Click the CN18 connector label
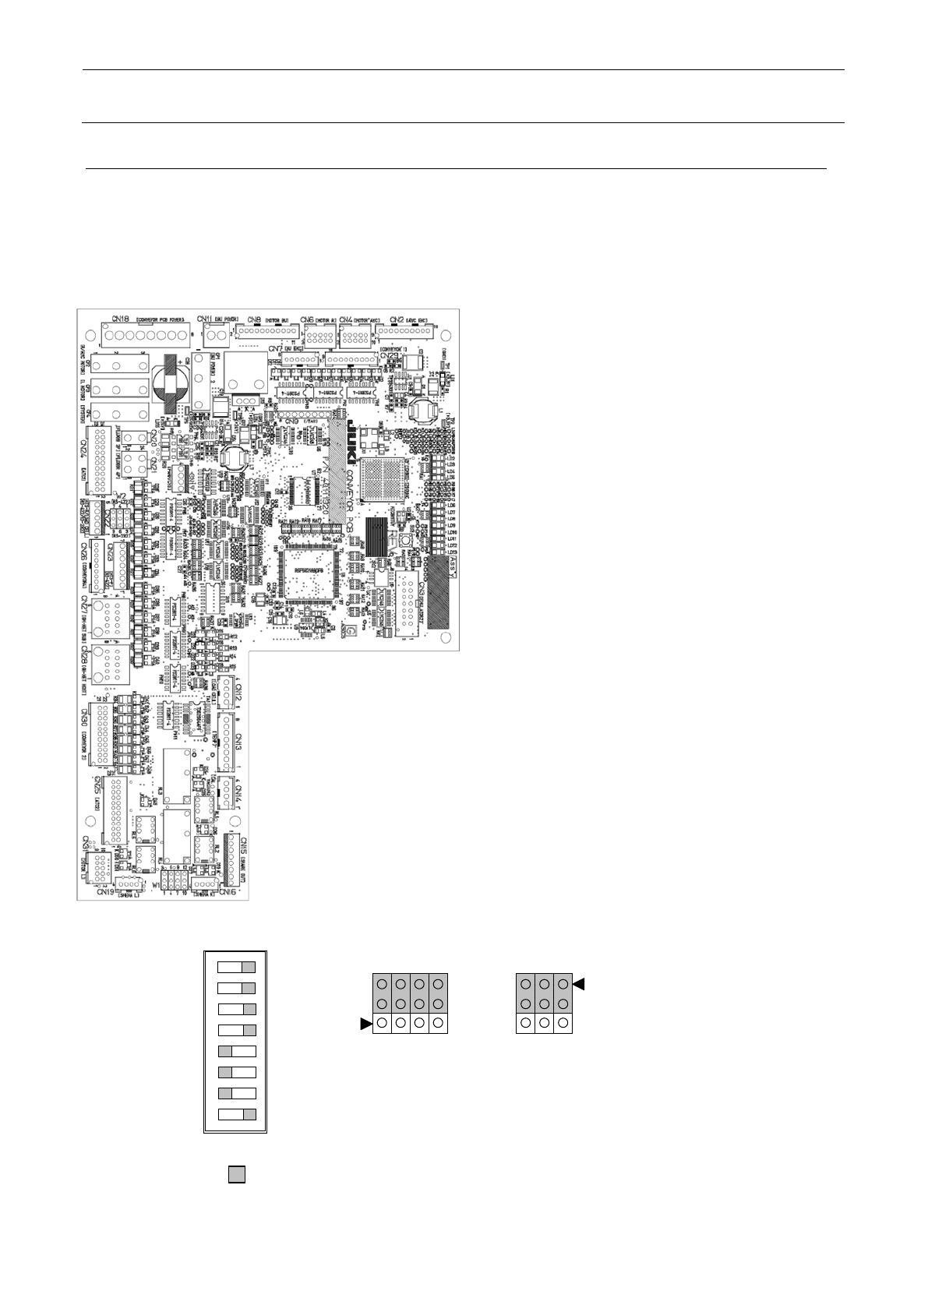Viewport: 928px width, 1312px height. [x=120, y=318]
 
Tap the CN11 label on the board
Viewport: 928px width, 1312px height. [x=206, y=319]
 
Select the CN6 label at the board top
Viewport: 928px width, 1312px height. [x=307, y=319]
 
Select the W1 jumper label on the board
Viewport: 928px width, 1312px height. [x=157, y=886]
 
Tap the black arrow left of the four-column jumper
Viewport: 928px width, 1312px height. [x=365, y=1025]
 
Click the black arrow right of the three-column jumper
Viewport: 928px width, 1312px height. [x=579, y=985]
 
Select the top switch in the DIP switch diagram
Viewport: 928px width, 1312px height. [x=236, y=968]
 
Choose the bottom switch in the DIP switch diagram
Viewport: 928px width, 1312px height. [x=236, y=1114]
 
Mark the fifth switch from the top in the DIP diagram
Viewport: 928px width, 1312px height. [x=236, y=1051]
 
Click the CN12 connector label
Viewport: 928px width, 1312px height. [x=240, y=692]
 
